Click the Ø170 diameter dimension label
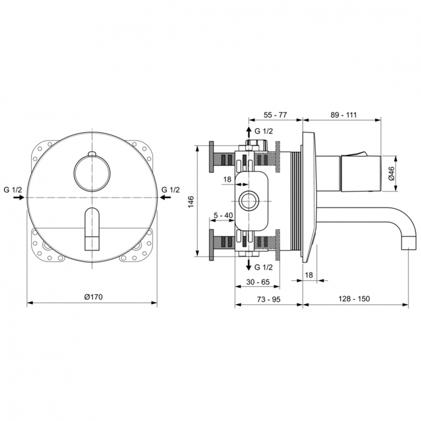point(93,296)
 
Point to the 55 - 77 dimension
point(275,115)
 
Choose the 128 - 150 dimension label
point(355,299)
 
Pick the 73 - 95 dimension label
point(268,299)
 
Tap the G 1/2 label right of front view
point(171,190)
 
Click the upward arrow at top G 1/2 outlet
point(248,132)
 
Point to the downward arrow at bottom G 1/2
point(248,266)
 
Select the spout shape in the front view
point(92,227)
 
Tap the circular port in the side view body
point(248,199)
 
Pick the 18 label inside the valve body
point(227,180)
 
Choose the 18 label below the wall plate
point(309,274)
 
